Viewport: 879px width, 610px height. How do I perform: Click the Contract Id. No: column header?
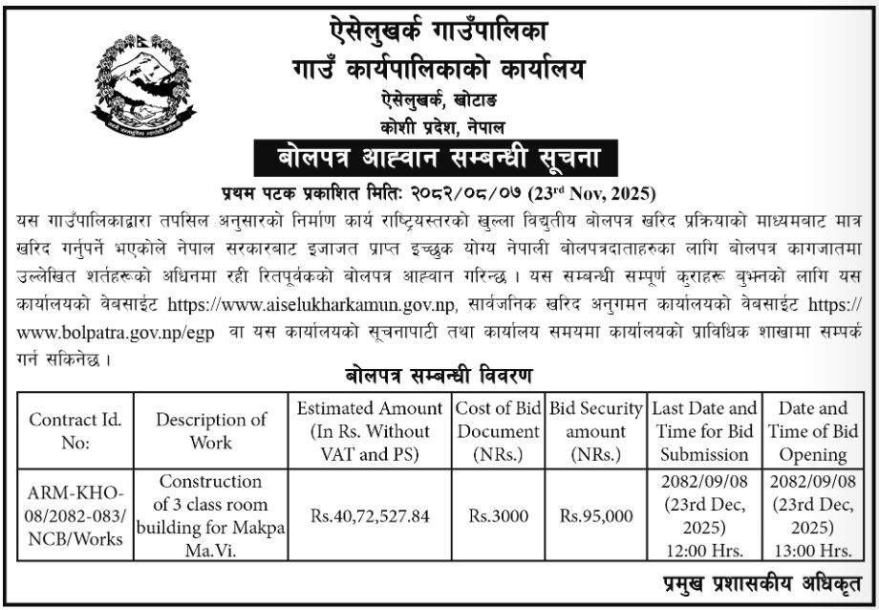click(x=75, y=431)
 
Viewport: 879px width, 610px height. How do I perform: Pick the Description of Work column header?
click(x=212, y=431)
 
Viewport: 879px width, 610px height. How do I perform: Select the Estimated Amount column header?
click(x=371, y=431)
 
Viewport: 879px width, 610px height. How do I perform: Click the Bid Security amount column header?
click(x=596, y=431)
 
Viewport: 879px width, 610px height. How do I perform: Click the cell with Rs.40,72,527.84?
click(x=371, y=516)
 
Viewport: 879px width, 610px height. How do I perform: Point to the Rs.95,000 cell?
click(x=596, y=516)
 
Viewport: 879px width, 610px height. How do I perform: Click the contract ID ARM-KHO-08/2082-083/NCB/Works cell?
click(x=75, y=516)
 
